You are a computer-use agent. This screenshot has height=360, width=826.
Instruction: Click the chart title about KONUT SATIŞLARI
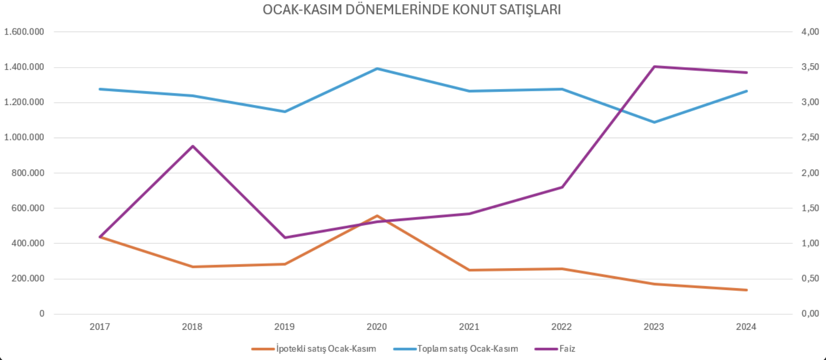tap(412, 10)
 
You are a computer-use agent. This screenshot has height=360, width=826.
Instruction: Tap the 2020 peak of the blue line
tap(377, 68)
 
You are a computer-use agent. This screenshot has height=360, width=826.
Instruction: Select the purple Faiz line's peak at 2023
tap(654, 66)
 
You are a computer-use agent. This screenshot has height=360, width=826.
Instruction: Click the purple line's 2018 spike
tap(192, 146)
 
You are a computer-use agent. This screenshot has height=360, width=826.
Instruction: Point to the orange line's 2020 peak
tap(377, 216)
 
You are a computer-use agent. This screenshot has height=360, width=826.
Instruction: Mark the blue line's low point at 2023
tap(654, 122)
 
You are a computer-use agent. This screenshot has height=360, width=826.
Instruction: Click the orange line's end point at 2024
tap(746, 290)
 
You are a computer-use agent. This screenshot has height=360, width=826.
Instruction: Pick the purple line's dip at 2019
tap(285, 238)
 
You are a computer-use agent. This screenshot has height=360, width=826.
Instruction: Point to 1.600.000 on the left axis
tap(24, 32)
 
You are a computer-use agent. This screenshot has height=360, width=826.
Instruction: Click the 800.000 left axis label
tap(28, 173)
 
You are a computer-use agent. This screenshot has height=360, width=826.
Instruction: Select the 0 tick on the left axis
tap(41, 314)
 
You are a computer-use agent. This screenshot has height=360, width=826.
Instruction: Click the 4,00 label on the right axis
tap(810, 32)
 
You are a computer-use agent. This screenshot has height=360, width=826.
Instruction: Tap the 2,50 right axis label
tap(810, 138)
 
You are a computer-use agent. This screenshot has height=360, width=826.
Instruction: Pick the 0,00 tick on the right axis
tap(810, 314)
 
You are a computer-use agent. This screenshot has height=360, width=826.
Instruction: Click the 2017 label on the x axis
tap(100, 327)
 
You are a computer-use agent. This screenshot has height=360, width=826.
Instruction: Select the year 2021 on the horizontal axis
tap(469, 327)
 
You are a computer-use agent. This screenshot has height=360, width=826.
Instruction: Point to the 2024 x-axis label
tap(746, 327)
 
